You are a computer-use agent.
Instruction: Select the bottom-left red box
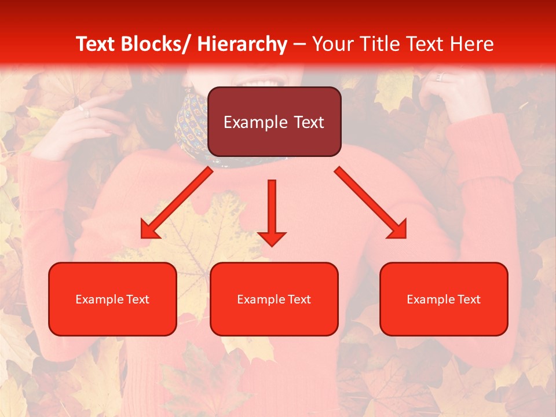112,299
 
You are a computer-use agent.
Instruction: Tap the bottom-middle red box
274,299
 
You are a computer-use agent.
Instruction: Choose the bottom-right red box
444,299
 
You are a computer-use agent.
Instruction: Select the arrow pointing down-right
371,203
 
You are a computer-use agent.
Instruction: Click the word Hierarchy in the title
242,44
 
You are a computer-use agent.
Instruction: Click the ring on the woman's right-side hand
439,76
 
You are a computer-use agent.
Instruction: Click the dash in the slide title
299,44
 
